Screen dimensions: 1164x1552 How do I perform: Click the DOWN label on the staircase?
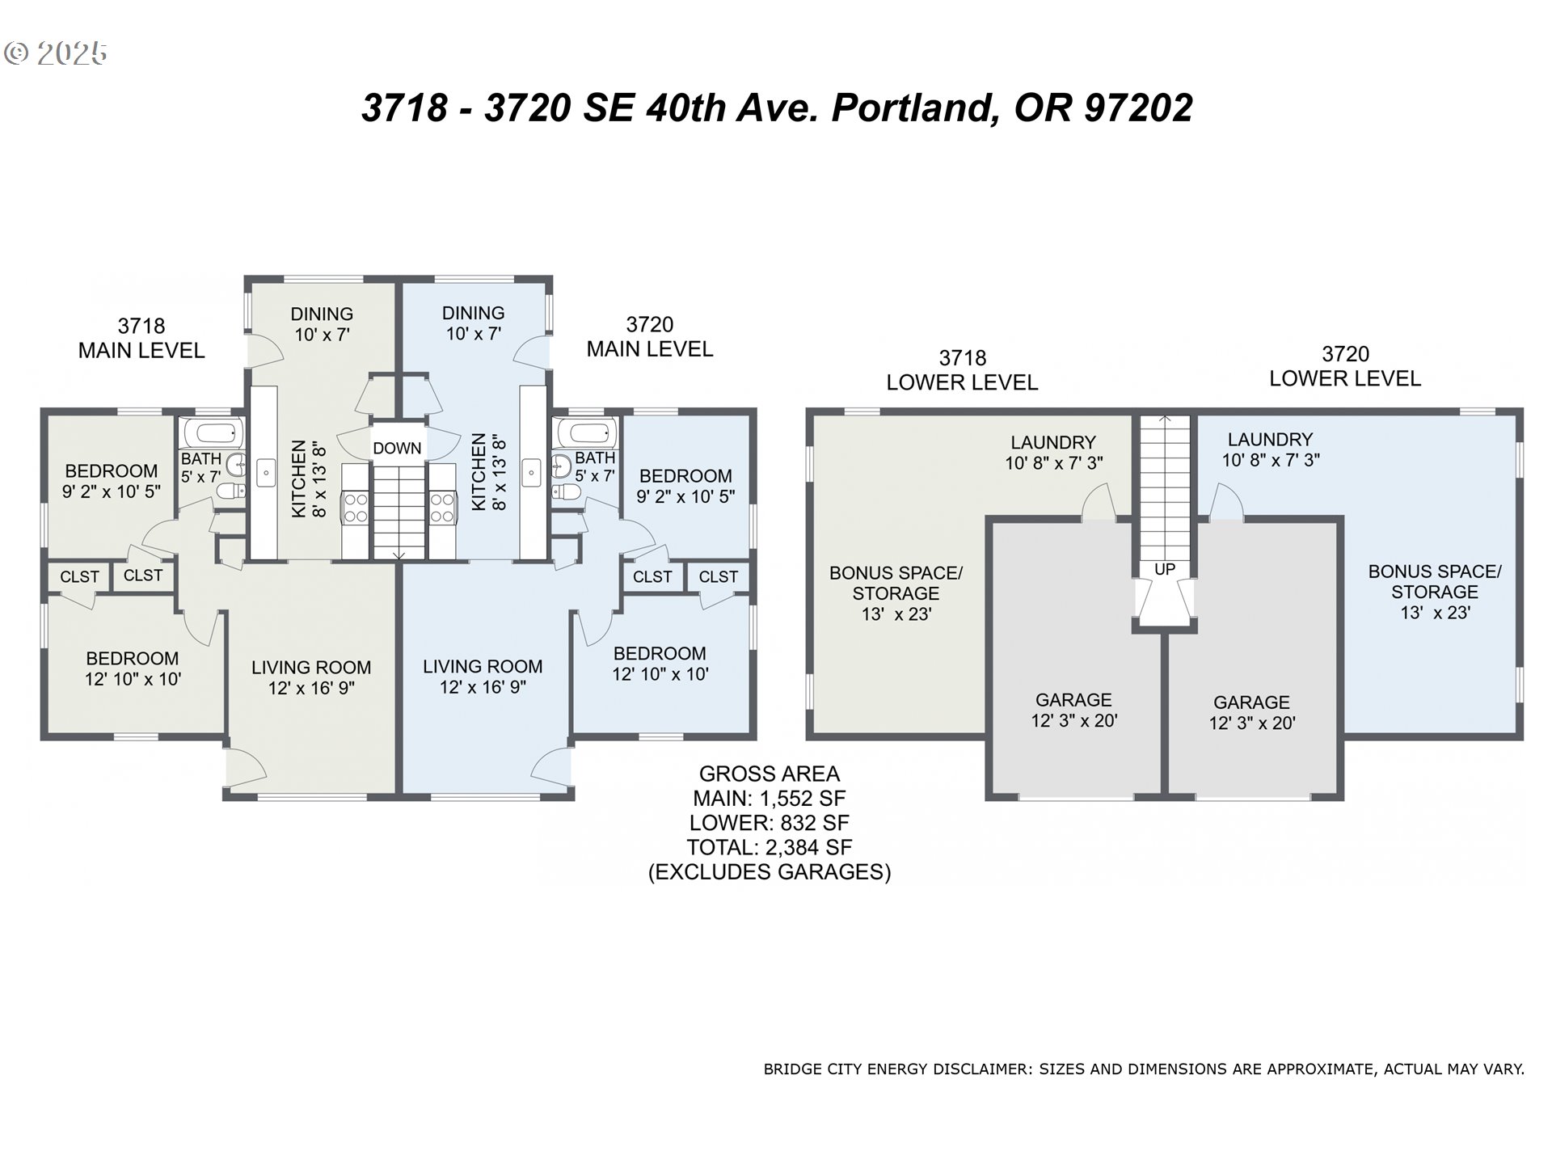(x=397, y=449)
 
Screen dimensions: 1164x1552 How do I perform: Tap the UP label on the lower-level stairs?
(x=1164, y=570)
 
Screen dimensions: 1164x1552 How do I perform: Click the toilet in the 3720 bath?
(x=566, y=492)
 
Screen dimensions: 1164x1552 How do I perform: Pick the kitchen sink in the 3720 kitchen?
(x=531, y=472)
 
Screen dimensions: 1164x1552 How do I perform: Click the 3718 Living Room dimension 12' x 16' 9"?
(x=311, y=689)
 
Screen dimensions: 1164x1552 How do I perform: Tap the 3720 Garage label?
(x=1251, y=702)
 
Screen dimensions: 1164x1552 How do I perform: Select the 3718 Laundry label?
(x=1053, y=443)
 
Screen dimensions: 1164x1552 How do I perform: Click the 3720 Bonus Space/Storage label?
(x=1434, y=582)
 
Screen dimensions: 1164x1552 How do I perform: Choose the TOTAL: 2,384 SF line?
(x=769, y=848)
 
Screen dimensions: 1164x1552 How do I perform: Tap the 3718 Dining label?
(x=322, y=314)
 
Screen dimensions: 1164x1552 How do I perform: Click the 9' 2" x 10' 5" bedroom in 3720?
(x=685, y=486)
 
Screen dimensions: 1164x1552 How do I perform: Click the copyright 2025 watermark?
(x=56, y=53)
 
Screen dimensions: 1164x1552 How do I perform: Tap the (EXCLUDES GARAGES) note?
(x=769, y=872)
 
